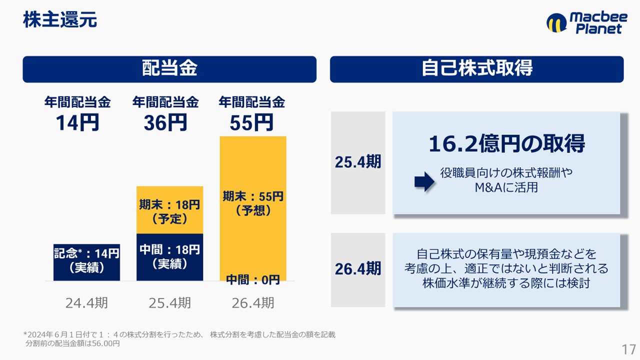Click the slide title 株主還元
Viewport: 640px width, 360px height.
(x=60, y=19)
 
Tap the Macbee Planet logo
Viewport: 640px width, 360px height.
(x=587, y=23)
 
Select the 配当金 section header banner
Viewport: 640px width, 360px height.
(x=169, y=69)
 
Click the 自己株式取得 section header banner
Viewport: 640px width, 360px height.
(x=476, y=69)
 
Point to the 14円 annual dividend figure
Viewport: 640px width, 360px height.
(x=77, y=123)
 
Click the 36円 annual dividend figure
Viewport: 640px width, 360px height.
(x=165, y=123)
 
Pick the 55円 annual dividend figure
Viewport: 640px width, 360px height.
(x=251, y=123)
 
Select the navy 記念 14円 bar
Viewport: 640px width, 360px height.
(x=86, y=262)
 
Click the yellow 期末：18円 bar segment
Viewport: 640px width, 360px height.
(x=169, y=210)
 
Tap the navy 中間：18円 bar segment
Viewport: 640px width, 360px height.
(x=169, y=257)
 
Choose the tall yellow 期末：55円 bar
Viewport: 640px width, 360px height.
(x=253, y=208)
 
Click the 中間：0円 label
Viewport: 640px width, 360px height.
(x=253, y=279)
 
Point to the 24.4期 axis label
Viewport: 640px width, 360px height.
(x=86, y=303)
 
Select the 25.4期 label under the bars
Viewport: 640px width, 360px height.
(x=169, y=303)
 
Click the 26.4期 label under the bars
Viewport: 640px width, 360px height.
(x=253, y=303)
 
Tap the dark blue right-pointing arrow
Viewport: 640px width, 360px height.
(x=424, y=181)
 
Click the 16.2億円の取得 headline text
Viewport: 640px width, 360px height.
(x=507, y=143)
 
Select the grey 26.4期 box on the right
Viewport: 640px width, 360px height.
(x=358, y=270)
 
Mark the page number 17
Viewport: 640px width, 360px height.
(x=628, y=349)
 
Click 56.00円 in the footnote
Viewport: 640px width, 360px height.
(x=105, y=343)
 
